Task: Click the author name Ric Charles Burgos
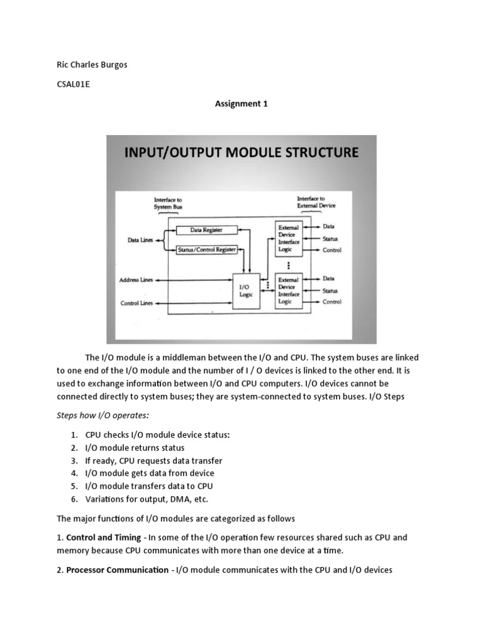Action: click(92, 65)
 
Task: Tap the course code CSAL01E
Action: click(74, 85)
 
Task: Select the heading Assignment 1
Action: click(241, 104)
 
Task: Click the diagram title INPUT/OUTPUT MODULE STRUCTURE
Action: click(241, 152)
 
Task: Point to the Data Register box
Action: click(207, 230)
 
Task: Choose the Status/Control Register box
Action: click(207, 249)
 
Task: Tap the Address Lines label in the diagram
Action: click(137, 280)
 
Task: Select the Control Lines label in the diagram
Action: click(137, 303)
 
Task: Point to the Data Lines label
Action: click(138, 240)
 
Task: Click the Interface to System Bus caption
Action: click(167, 203)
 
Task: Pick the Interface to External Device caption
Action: click(316, 202)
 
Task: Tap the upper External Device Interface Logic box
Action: click(289, 238)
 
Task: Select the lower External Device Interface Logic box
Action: click(289, 291)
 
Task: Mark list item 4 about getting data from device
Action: click(150, 473)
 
